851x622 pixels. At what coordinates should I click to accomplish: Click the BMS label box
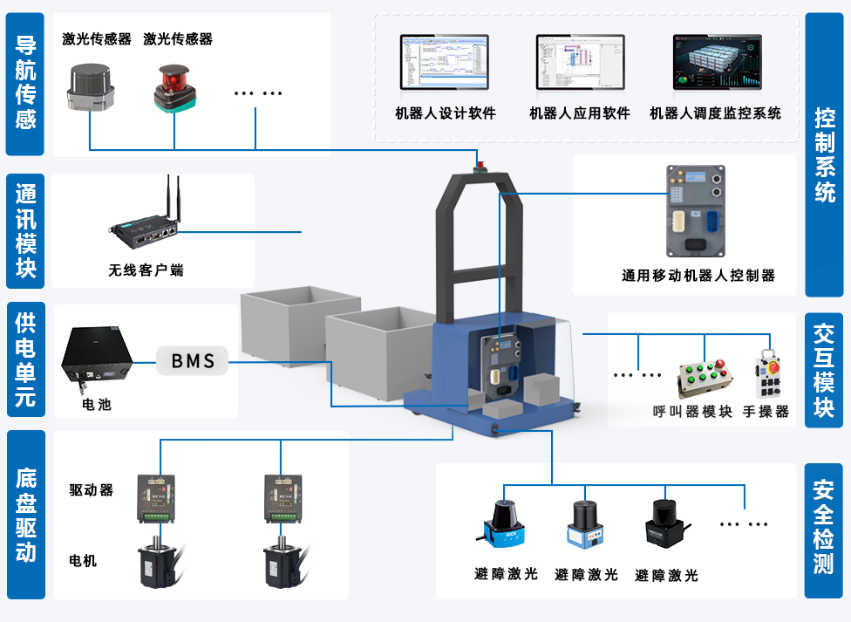pyautogui.click(x=193, y=360)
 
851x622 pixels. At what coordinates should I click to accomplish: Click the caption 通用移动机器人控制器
pyautogui.click(x=698, y=276)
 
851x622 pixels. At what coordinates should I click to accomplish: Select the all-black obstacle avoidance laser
pyautogui.click(x=664, y=523)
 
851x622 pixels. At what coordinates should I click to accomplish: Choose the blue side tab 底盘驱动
pyautogui.click(x=26, y=515)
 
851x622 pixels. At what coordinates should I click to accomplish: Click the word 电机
pyautogui.click(x=84, y=561)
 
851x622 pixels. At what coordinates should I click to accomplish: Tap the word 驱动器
pyautogui.click(x=92, y=490)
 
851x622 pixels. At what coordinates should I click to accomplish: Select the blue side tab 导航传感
pyautogui.click(x=26, y=82)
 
